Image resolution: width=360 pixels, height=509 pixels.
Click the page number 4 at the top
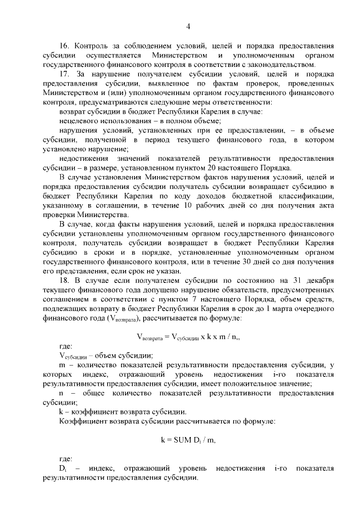tap(188, 26)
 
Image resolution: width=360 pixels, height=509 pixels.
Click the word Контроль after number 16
tap(91, 46)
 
